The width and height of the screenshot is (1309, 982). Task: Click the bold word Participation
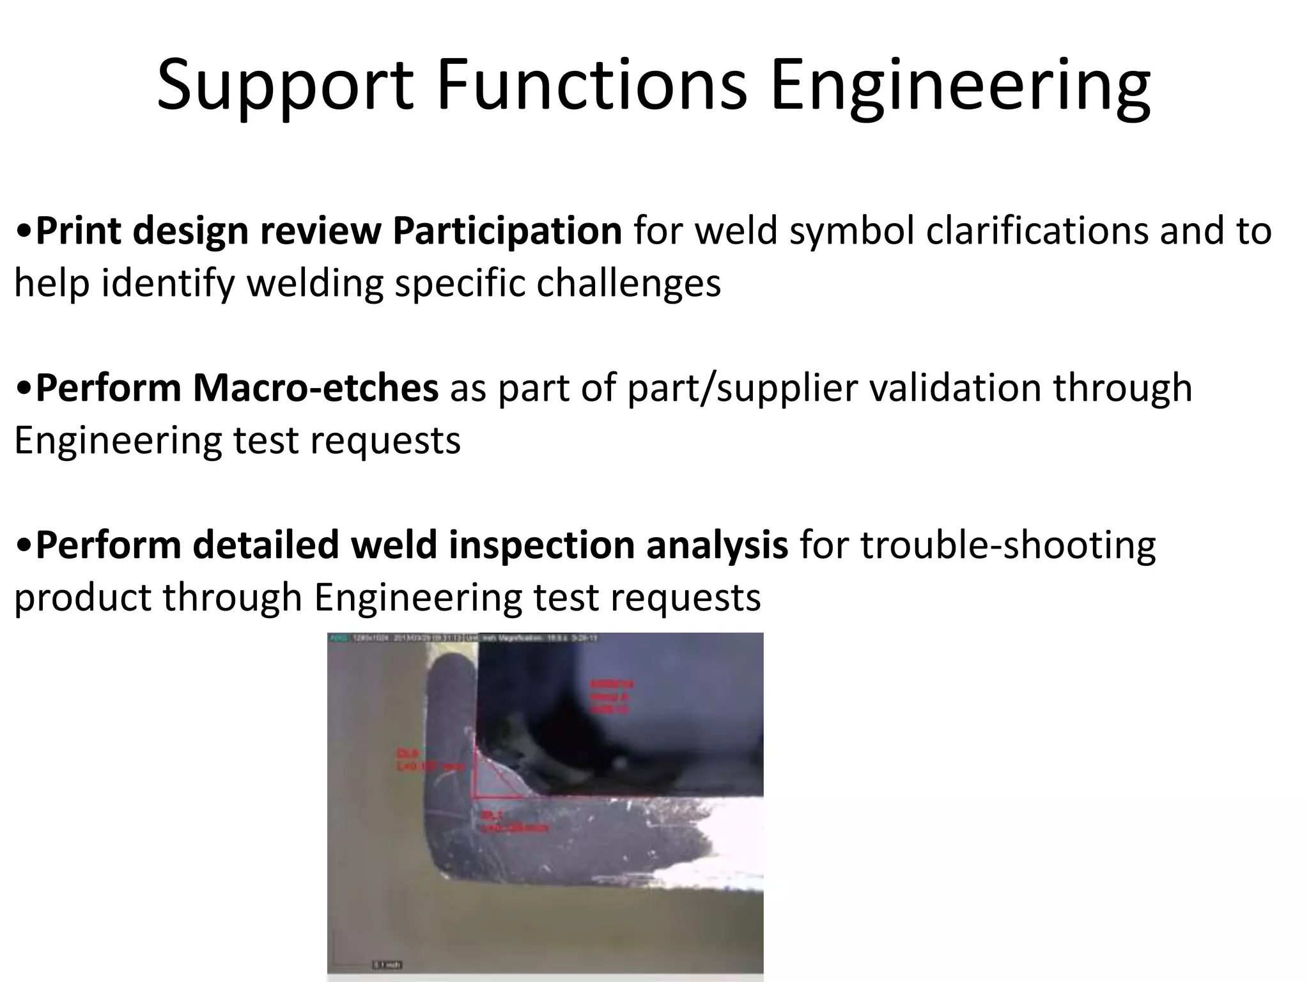507,231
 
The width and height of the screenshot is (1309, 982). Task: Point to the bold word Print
78,231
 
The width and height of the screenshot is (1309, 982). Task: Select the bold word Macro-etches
316,389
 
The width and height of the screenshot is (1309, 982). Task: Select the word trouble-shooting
1008,546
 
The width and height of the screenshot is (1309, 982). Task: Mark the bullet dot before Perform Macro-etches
24,389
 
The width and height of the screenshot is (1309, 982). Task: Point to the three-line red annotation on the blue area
610,698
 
